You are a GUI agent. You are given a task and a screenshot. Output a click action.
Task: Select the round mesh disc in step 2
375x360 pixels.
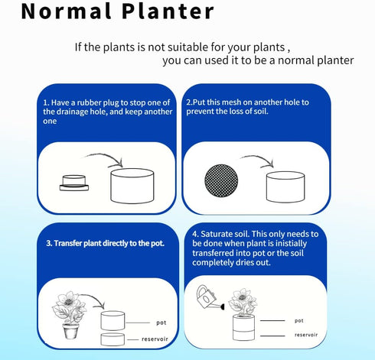click(x=223, y=183)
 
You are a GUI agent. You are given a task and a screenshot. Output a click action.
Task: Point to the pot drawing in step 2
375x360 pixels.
click(x=285, y=185)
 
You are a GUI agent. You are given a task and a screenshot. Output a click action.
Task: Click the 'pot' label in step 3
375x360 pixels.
click(x=161, y=323)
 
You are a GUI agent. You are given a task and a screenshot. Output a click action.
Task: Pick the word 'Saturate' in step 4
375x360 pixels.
click(x=225, y=233)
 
